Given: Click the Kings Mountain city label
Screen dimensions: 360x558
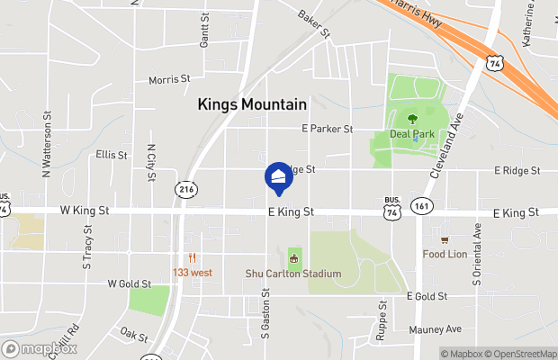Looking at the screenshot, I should pos(252,104).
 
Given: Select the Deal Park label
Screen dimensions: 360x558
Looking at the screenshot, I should pos(412,135).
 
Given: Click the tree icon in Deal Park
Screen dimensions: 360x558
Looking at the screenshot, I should pos(412,118).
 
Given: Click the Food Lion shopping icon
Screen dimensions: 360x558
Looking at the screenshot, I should pos(444,239).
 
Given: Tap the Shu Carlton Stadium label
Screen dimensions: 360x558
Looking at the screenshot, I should pos(293,274).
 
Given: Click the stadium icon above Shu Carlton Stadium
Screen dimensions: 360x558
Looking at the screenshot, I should pos(293,259).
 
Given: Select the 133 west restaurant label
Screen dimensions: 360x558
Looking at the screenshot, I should pos(193,273).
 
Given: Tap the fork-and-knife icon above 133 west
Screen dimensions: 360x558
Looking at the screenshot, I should pos(193,258).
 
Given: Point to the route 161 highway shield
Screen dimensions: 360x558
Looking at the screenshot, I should pos(420,206).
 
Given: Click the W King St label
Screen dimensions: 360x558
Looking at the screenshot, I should pos(85,211).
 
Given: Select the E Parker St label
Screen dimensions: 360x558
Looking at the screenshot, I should pos(327,130).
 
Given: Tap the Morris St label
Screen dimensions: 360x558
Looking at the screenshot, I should pos(169,79).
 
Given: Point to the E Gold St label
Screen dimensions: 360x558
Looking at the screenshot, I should pos(427,296).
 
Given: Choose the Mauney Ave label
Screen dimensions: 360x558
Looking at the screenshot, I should pos(435,328).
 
